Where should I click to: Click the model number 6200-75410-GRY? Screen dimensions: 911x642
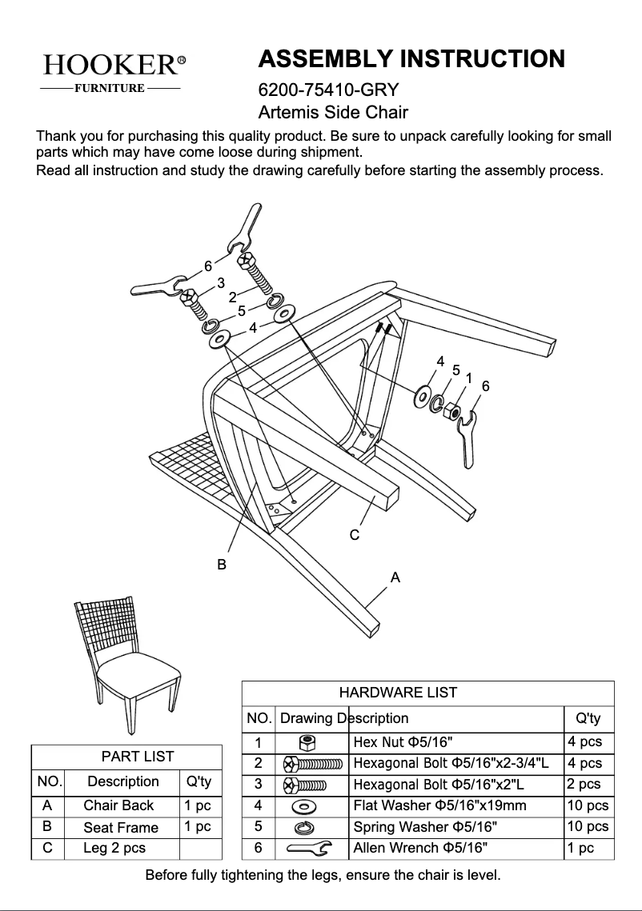(x=328, y=89)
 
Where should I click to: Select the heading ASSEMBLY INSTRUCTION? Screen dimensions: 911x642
(x=411, y=59)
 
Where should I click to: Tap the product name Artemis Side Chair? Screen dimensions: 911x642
(x=333, y=113)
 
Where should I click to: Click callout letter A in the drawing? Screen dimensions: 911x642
(x=395, y=576)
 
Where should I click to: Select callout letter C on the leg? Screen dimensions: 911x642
(x=355, y=534)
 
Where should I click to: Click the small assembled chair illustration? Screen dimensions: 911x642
(x=128, y=660)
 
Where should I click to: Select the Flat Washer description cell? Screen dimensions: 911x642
(x=456, y=805)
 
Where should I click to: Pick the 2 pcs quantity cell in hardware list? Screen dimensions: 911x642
(x=588, y=785)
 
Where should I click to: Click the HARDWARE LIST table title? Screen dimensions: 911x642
(x=398, y=693)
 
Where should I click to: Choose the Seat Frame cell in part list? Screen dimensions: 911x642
(x=121, y=828)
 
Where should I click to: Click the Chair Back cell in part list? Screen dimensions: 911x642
(x=118, y=805)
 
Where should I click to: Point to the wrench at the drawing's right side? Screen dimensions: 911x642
(x=467, y=438)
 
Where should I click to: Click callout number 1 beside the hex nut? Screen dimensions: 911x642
(x=468, y=378)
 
